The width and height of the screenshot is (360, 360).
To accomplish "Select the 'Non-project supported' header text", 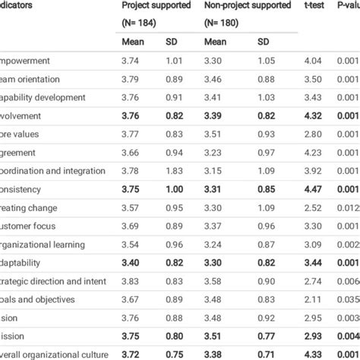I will point(248,5).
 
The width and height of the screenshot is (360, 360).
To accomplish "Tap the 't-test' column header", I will point(315,5).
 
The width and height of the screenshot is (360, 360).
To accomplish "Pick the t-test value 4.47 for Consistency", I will point(314,189).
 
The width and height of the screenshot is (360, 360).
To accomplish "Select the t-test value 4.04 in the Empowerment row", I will point(314,62).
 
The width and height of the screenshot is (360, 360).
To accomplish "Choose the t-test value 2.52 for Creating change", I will point(314,207).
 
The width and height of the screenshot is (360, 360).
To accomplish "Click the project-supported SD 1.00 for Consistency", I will point(175,189).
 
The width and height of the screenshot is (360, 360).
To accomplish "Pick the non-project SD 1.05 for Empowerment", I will point(266,62).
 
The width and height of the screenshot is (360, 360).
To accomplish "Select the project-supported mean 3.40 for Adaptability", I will point(132,262).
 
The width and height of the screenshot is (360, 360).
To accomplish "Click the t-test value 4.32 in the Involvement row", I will point(314,116).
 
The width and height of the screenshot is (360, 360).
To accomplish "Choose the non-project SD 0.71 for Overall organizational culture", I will point(266,353).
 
